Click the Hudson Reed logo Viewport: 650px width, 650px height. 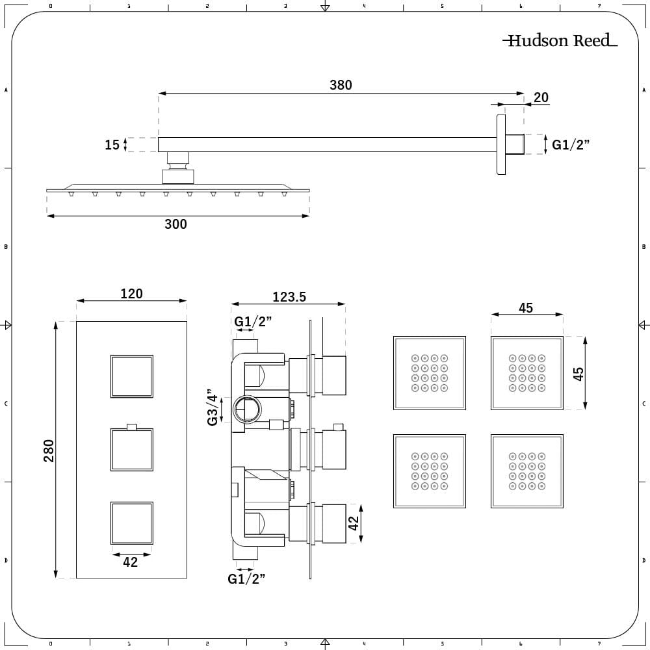560,41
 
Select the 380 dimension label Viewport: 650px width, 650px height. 341,85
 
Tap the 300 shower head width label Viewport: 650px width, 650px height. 175,224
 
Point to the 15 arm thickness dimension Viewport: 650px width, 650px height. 112,144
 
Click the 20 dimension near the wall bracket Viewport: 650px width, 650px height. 541,97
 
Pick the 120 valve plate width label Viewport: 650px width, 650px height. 131,294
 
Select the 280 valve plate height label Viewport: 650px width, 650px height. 49,450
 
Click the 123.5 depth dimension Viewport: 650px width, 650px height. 290,297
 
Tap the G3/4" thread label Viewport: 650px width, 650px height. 213,408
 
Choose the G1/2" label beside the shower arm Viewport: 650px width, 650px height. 571,144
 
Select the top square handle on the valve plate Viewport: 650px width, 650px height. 132,376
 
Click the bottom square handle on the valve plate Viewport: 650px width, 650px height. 132,523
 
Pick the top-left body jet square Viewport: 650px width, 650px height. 430,373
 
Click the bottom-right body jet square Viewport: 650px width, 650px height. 527,471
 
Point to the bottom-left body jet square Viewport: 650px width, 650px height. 430,471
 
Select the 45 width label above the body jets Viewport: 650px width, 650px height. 526,308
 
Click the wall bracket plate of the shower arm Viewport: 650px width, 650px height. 501,144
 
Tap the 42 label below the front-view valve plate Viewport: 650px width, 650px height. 131,562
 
